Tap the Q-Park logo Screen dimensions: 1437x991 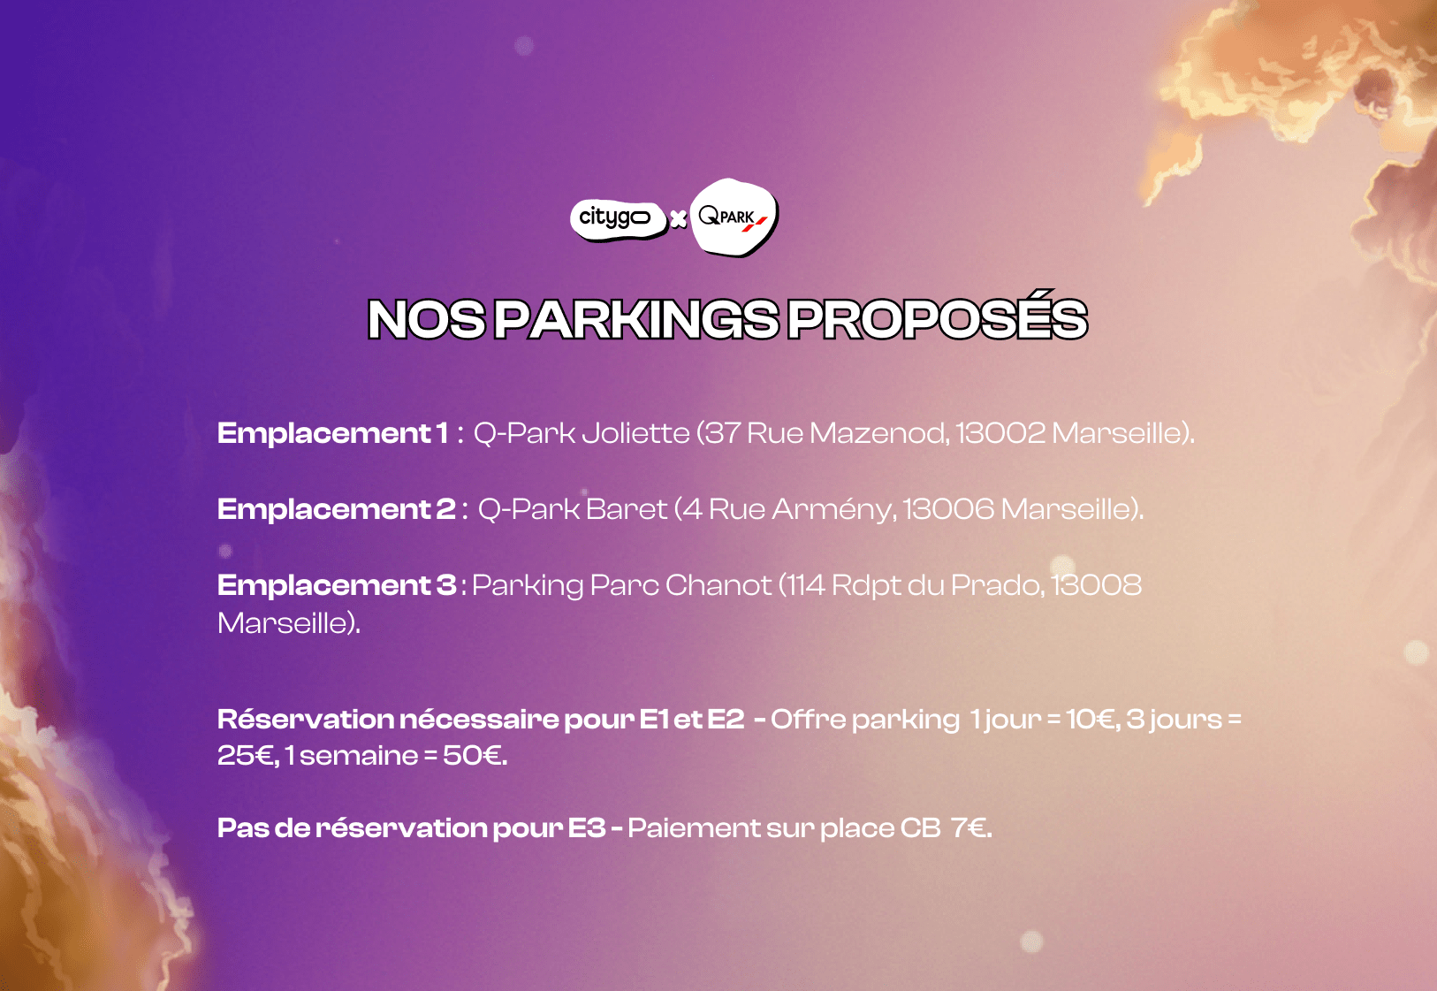(734, 217)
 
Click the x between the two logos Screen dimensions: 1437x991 (678, 219)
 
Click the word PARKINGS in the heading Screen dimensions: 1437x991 (636, 319)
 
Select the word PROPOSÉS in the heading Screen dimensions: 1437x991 (938, 315)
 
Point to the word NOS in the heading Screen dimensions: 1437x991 (427, 319)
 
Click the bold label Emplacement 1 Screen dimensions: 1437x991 (333, 433)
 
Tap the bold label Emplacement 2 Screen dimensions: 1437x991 (336, 509)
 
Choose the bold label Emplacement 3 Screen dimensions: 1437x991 (337, 585)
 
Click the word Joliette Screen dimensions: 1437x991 (635, 433)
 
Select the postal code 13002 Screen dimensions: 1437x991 (1000, 433)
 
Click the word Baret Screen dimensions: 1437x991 (626, 509)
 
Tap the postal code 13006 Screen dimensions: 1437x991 (949, 509)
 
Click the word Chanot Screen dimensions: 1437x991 (718, 585)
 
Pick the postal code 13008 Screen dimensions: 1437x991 (1097, 585)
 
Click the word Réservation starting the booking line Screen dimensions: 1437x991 (306, 720)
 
